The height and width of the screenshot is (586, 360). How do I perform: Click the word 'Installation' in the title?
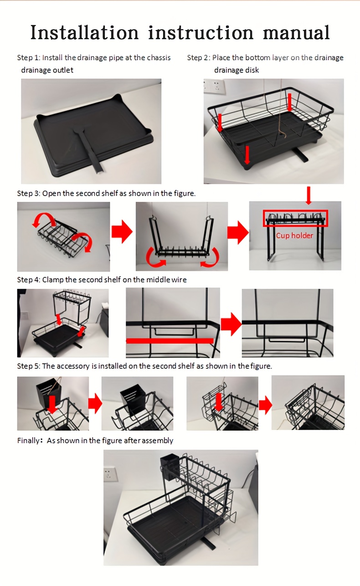pos(84,33)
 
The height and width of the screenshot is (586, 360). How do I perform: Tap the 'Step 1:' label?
pos(28,57)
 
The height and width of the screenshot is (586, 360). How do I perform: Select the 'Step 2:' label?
pos(198,57)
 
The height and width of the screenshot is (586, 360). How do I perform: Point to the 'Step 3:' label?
pos(28,193)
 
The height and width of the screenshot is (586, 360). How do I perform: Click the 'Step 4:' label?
pos(28,280)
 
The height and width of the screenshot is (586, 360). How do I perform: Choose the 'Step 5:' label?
pos(28,366)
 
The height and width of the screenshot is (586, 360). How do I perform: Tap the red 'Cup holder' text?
pos(294,236)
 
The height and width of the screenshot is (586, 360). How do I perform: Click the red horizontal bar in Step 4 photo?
pos(170,340)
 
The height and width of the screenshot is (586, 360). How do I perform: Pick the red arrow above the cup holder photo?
pos(309,195)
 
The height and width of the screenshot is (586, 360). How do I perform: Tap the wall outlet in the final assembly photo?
pos(110,473)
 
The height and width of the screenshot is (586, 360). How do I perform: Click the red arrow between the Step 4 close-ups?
pos(231,323)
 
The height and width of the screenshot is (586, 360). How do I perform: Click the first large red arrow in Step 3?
pos(122,232)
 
